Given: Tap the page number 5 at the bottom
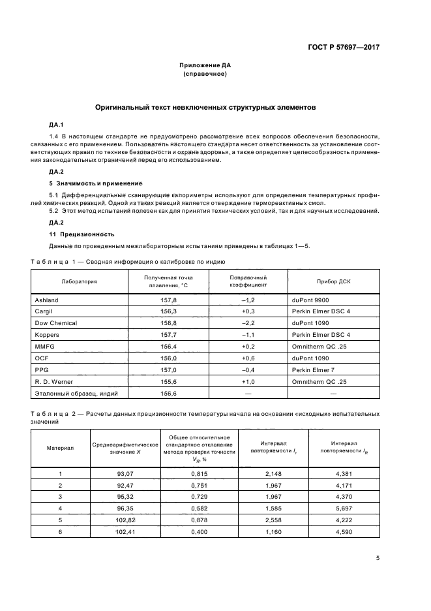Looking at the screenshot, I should pos(378,558).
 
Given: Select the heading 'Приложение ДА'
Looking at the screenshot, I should pos(205,65).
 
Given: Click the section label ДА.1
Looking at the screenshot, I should pos(55,124).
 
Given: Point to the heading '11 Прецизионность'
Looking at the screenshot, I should pos(82,233).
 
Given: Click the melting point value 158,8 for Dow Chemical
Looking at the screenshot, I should pos(168,323).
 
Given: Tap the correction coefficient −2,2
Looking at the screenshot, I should pos(248,323).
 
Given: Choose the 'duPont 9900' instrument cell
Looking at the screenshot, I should pos(312,300).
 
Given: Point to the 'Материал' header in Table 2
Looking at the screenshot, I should pos(60,448).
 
